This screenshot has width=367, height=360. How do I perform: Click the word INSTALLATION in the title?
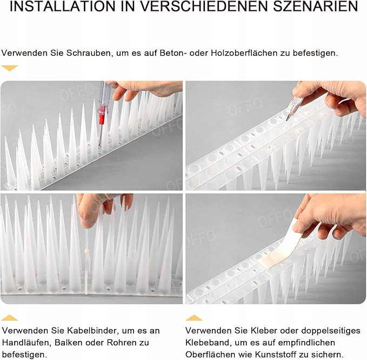63,6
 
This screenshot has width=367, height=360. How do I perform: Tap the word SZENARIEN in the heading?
315,6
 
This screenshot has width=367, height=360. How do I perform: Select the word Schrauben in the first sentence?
88,53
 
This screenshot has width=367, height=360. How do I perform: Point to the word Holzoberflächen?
243,53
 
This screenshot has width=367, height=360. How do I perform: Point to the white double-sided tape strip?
289,246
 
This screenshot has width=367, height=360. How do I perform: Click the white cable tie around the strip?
87,260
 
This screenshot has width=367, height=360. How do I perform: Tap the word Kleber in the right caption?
264,331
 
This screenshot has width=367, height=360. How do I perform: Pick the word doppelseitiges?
331,331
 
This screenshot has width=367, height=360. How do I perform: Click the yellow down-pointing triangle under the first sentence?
10,68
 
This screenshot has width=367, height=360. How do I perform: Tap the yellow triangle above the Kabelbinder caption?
9,318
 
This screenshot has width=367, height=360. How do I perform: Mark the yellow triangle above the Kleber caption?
194,318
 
